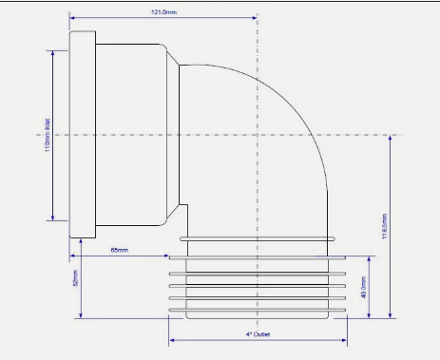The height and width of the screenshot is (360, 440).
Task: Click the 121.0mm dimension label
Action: [x=163, y=11]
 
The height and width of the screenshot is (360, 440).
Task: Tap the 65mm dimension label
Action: [x=120, y=249]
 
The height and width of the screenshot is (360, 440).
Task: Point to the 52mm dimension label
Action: [x=75, y=279]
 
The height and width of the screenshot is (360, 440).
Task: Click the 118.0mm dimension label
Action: [x=382, y=226]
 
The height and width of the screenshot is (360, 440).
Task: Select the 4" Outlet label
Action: [x=258, y=334]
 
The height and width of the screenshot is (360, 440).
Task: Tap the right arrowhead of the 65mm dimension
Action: [x=166, y=255]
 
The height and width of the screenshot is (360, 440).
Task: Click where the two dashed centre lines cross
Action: [x=257, y=135]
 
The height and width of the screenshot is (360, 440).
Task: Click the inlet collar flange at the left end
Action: [x=83, y=136]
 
